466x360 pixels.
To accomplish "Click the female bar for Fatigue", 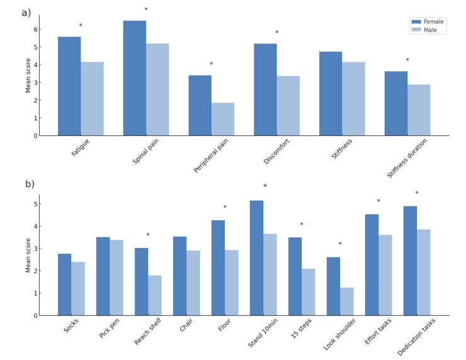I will (69, 86).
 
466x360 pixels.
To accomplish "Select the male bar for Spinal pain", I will (157, 89).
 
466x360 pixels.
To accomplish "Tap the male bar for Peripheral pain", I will (223, 119).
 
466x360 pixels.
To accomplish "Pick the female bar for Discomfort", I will (265, 89).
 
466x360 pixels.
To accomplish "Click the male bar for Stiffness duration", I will (419, 110).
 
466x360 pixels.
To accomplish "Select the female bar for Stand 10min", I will (256, 258).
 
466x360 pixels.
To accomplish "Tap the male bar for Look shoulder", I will (347, 301).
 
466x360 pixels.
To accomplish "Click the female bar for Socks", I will (64, 284).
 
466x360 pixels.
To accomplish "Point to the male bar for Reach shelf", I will (155, 295).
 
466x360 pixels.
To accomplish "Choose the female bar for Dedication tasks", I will (410, 261).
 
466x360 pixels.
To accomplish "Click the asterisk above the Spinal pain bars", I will (146, 10).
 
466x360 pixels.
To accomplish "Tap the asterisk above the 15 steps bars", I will (302, 225).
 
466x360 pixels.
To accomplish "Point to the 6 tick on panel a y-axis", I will (35, 30).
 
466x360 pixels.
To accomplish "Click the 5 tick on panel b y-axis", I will (35, 204).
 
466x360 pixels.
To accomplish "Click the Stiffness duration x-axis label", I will (407, 159).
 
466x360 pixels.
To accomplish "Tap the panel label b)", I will (30, 184).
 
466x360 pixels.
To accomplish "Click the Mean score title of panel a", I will (28, 76).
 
